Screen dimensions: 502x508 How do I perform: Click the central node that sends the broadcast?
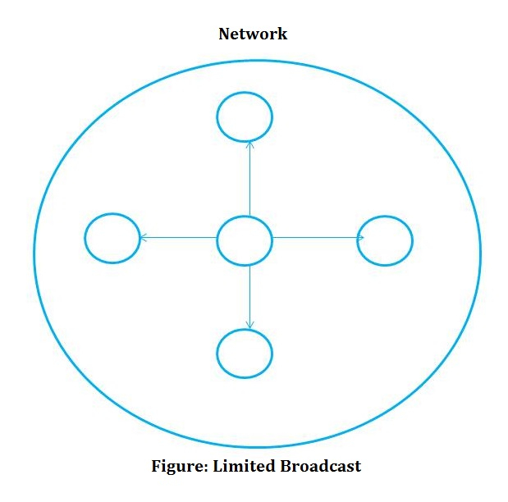[x=244, y=241]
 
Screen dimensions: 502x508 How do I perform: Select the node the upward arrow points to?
[x=245, y=117]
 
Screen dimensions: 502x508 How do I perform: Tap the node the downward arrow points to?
[x=245, y=354]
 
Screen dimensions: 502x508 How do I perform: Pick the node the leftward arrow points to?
[x=112, y=239]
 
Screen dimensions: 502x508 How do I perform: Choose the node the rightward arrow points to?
[x=385, y=240]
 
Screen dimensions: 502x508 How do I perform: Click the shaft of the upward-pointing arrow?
[x=249, y=180]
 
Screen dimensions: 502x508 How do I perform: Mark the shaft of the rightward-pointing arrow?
[x=316, y=238]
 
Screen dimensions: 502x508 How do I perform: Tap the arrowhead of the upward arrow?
[x=249, y=144]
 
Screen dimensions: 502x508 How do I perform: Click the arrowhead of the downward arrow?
[x=249, y=325]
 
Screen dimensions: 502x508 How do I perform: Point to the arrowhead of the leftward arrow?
[x=143, y=238]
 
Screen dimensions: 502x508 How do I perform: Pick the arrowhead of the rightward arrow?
[x=360, y=238]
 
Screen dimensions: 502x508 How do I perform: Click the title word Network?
[x=253, y=34]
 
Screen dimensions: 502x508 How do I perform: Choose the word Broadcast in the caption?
[x=319, y=466]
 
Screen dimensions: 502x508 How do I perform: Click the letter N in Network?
[x=224, y=34]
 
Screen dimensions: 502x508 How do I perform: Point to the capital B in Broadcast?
[x=283, y=466]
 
